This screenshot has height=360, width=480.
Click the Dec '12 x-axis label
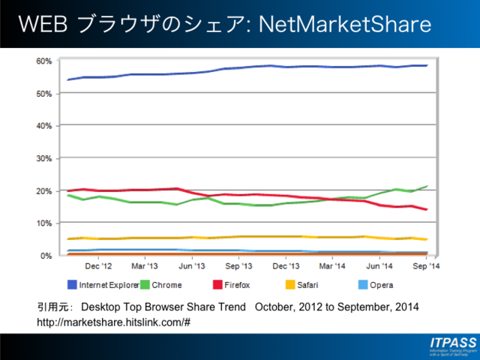click(x=97, y=266)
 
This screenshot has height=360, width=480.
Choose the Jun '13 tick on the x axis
click(x=191, y=266)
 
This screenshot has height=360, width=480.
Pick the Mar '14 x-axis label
click(x=332, y=266)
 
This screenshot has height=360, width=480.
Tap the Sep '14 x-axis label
click(x=426, y=266)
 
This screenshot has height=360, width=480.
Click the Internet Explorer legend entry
click(x=104, y=285)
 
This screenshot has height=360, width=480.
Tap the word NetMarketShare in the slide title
click(x=344, y=25)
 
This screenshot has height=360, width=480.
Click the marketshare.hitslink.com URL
click(x=113, y=322)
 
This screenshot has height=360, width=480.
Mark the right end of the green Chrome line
click(x=427, y=186)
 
